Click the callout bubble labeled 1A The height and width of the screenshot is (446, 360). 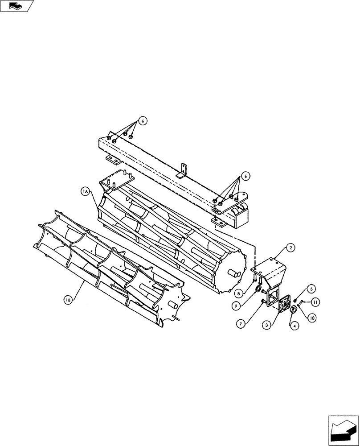click(85, 192)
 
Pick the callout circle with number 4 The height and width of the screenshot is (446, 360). click(295, 326)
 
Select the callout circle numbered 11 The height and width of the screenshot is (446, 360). click(315, 302)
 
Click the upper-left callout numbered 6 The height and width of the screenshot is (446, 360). click(142, 120)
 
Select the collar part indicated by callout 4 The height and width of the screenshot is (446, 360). click(295, 310)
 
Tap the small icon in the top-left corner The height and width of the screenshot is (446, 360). click(17, 5)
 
